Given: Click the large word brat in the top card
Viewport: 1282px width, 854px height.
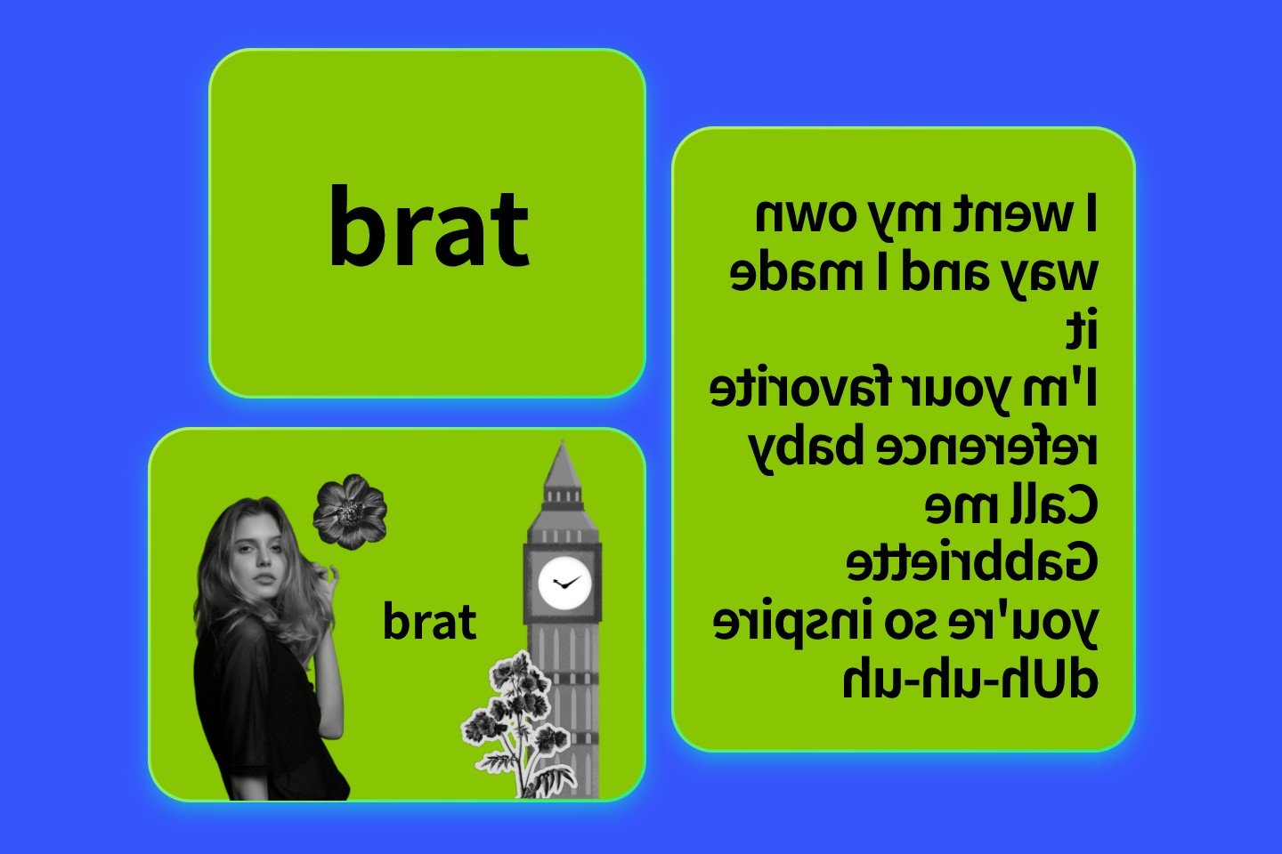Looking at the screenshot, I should pos(429,226).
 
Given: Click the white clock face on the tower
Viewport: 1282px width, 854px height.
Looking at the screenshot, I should pos(564,584).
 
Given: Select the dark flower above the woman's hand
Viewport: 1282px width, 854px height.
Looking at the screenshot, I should pos(349,512).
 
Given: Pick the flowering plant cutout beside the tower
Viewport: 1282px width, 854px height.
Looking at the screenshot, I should pos(516,721).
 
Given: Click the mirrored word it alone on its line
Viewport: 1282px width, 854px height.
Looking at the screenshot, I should pos(1083,332).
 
